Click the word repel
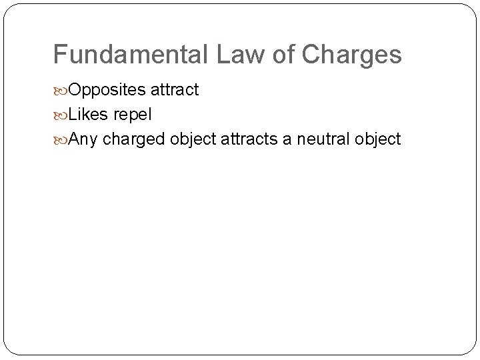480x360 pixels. tap(133, 115)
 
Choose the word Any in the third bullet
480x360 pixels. tap(82, 139)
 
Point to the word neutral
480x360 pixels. tap(325, 139)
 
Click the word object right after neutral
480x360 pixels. tap(377, 139)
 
